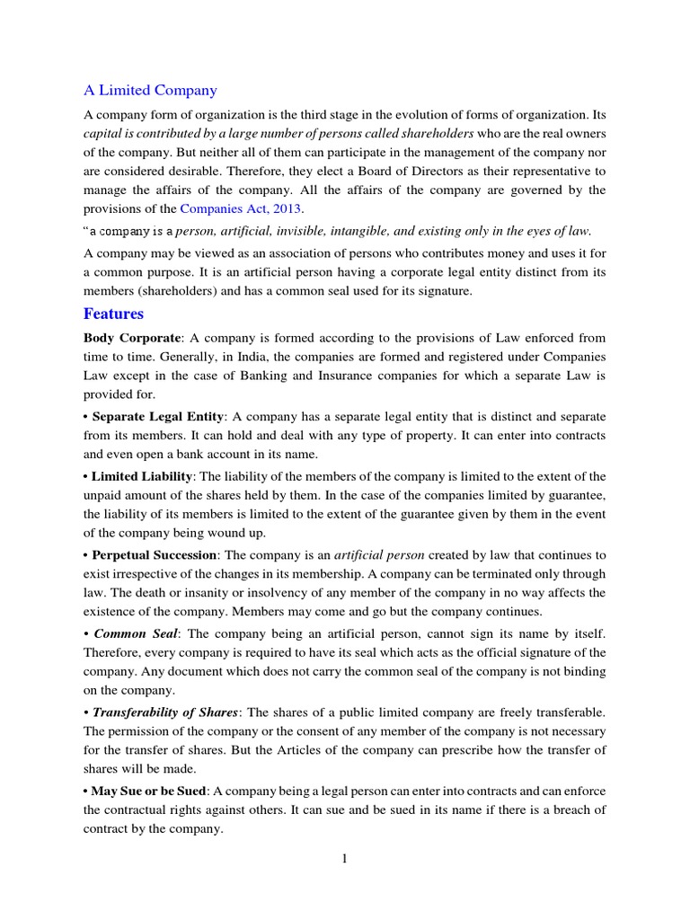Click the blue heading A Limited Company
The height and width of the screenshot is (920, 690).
coord(150,90)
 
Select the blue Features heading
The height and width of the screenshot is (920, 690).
coord(113,314)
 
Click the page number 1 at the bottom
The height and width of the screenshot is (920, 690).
coord(344,859)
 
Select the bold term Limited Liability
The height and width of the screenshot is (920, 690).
coord(142,476)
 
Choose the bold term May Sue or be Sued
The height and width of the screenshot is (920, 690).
coord(149,791)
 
